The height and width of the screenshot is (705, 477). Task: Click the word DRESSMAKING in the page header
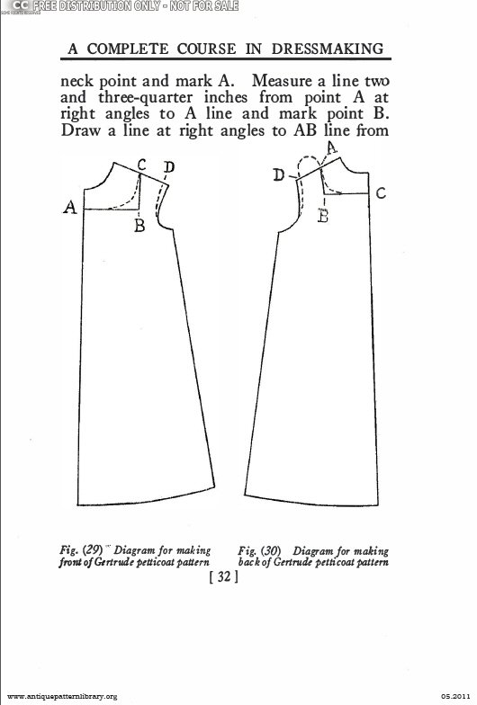pos(328,49)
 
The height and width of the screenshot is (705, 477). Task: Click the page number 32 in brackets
pos(223,576)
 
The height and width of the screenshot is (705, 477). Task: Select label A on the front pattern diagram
pos(70,207)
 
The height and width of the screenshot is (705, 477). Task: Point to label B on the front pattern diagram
pos(139,225)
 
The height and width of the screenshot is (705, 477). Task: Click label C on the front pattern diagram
pos(142,165)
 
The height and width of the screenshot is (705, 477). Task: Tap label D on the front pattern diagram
pos(169,167)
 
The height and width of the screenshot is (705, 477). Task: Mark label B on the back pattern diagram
pos(322,216)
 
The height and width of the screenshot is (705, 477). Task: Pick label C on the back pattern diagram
pos(381,193)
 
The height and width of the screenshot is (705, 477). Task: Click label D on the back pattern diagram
pos(279,174)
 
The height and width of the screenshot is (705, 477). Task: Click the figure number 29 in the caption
pos(94,549)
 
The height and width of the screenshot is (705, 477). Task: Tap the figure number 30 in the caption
pos(271,550)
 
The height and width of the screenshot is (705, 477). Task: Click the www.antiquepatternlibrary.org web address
pos(63,696)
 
